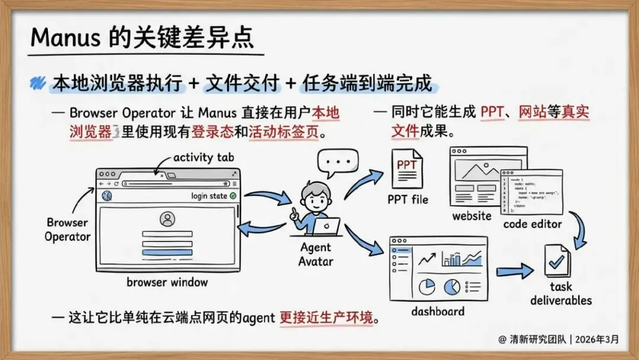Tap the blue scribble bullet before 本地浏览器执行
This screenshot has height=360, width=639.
[39, 83]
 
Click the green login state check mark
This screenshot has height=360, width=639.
[233, 196]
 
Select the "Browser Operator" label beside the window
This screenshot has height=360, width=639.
[67, 230]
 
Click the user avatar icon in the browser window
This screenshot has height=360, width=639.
[167, 219]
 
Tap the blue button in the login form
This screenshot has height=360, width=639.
[167, 253]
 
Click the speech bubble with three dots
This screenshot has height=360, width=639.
[338, 161]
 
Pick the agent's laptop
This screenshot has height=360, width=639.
[327, 226]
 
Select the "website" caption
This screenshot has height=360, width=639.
[472, 216]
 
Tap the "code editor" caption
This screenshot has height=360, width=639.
[532, 224]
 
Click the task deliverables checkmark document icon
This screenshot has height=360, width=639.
[556, 261]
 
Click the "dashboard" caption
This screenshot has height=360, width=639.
[438, 311]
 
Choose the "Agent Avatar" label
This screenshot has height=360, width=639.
[315, 254]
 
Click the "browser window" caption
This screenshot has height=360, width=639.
[167, 282]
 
